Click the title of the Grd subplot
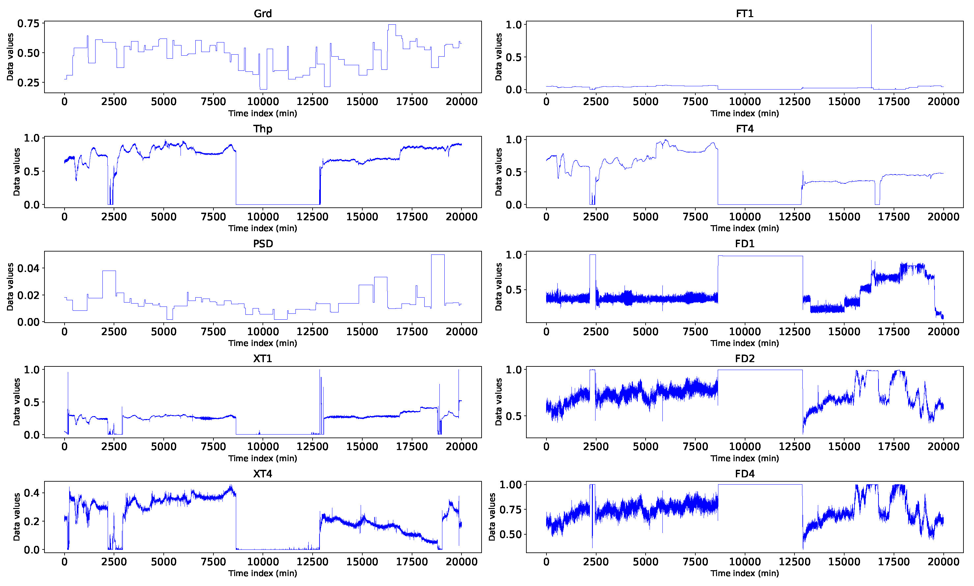point(263,13)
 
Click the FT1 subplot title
point(744,13)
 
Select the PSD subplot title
point(263,244)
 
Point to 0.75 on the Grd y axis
point(28,24)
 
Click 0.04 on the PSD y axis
point(28,269)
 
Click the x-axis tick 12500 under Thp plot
point(312,217)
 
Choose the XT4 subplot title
point(263,473)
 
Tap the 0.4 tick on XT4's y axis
point(32,493)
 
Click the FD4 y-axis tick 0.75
point(510,509)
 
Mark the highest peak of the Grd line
point(391,25)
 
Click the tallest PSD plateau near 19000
point(438,255)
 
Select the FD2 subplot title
point(744,359)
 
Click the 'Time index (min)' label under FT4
point(744,228)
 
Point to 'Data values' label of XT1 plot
point(16,402)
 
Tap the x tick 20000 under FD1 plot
point(943,332)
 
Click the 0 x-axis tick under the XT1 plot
point(64,447)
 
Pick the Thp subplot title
point(263,129)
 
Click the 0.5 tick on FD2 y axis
point(514,416)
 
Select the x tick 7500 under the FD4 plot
point(695,562)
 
